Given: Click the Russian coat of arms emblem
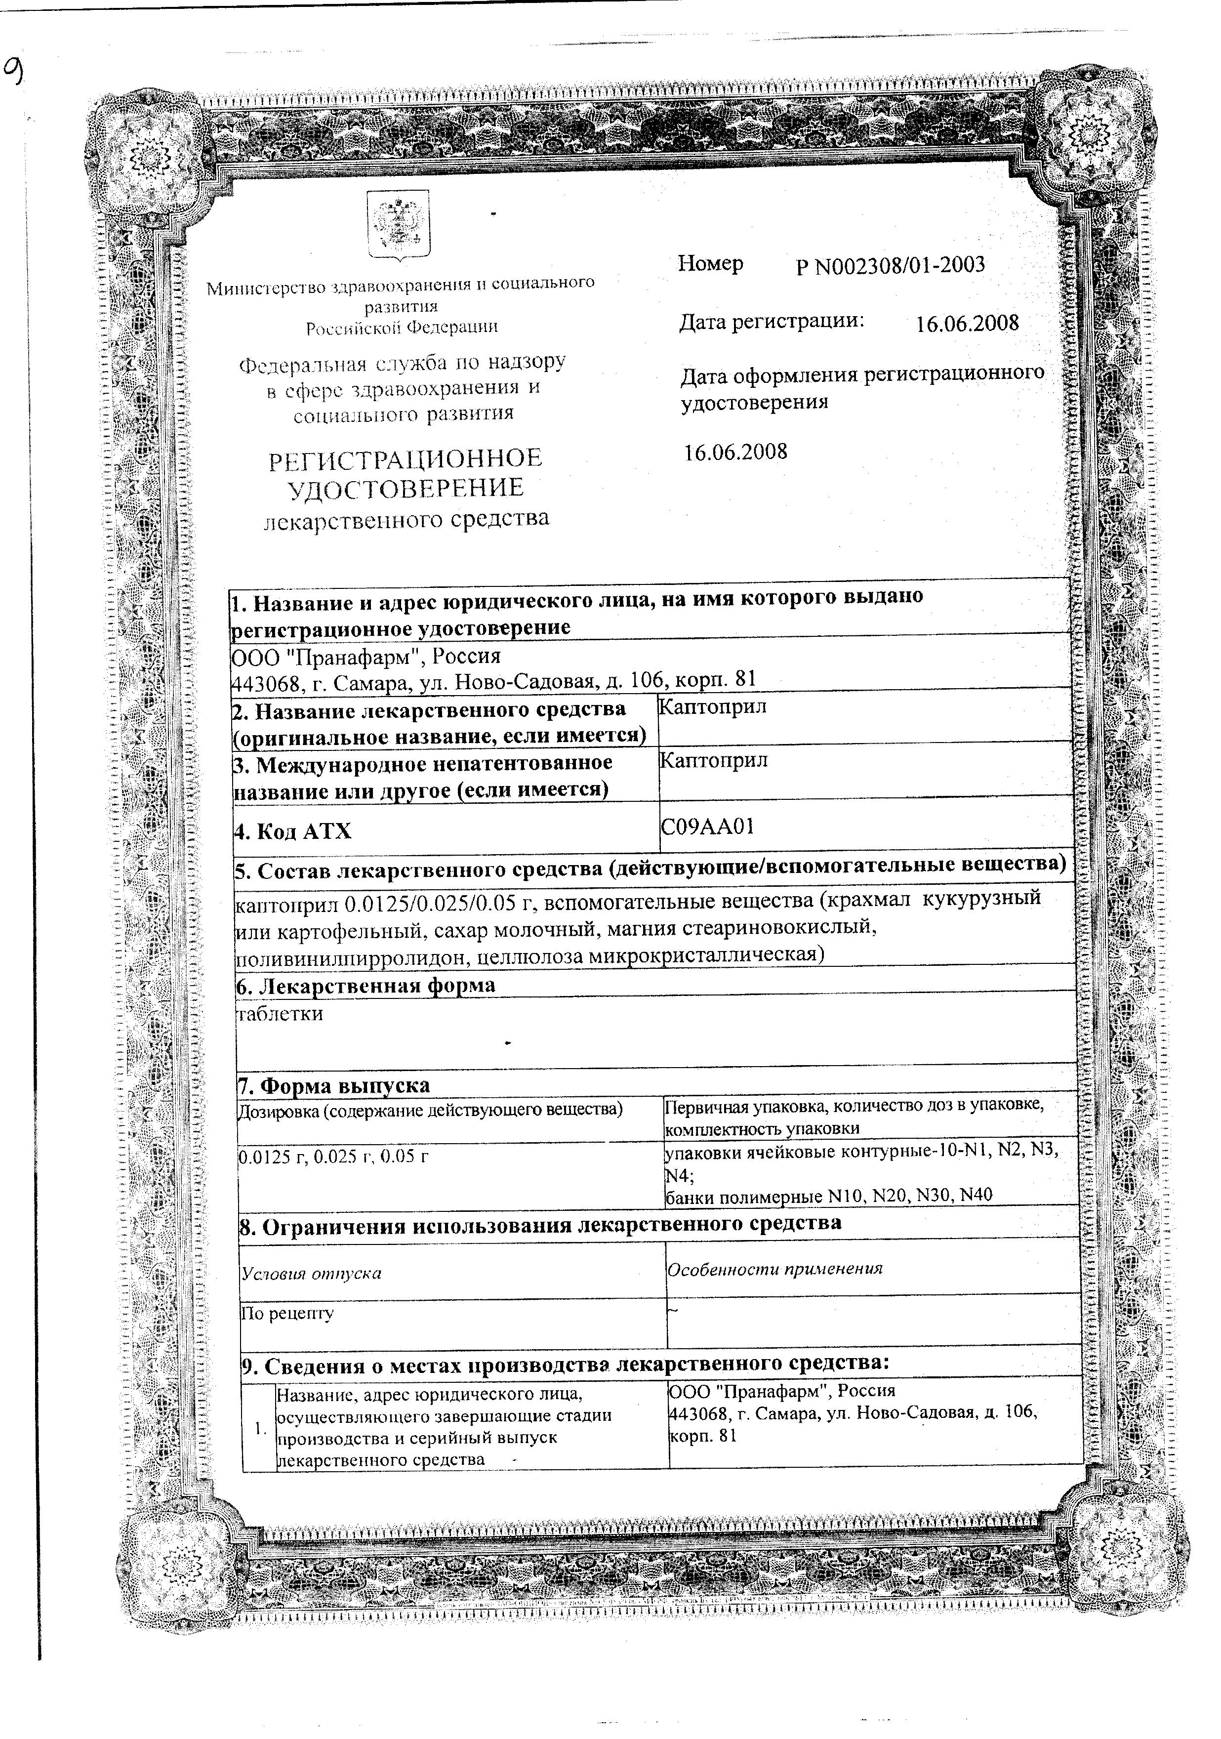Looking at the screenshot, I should click(399, 226).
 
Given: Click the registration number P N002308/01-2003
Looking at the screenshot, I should click(890, 266).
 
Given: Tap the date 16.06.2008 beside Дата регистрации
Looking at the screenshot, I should click(967, 324).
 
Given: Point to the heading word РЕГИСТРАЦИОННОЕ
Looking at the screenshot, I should click(406, 458).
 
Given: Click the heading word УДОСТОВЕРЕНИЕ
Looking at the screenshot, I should click(406, 489).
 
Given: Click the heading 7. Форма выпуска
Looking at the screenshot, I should click(334, 1085).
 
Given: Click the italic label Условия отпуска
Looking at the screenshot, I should click(311, 1273).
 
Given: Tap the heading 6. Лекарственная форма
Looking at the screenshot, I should click(366, 986).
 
